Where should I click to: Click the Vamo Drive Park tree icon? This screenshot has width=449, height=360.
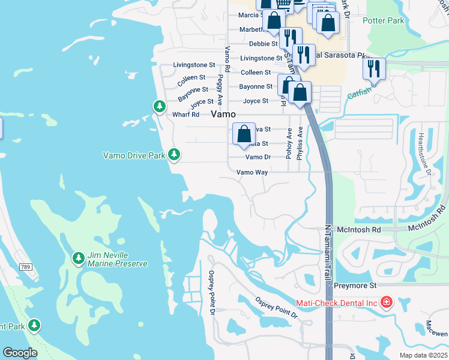click(x=174, y=155)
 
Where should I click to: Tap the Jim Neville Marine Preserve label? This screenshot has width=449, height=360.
click(x=118, y=259)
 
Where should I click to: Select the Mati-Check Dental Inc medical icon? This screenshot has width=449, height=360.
click(x=386, y=302)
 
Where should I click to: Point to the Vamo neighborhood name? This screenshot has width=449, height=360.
click(x=222, y=113)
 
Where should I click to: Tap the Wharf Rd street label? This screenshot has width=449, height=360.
click(x=186, y=115)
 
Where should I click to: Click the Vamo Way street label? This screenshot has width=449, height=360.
click(x=252, y=172)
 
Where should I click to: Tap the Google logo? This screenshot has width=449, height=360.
click(x=19, y=353)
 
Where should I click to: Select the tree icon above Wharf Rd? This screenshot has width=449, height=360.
click(x=159, y=106)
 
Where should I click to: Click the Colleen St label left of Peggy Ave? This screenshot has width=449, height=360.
click(x=190, y=78)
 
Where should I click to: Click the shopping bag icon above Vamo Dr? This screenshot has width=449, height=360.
click(x=244, y=134)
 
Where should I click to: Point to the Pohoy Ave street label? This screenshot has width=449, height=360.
click(x=289, y=142)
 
